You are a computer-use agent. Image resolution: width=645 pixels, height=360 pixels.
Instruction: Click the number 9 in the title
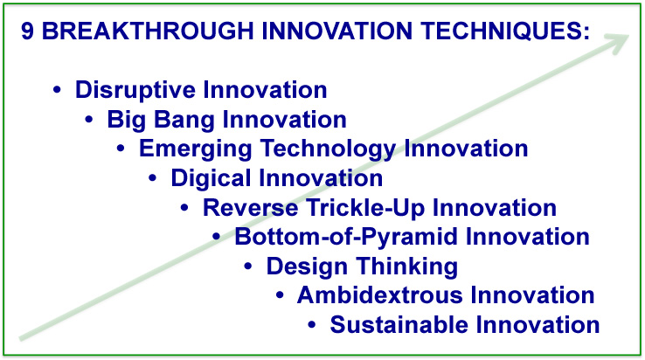click(x=27, y=31)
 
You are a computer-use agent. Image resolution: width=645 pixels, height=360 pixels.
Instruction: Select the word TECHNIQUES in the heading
click(x=505, y=31)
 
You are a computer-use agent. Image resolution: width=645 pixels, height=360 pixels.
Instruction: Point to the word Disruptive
click(x=135, y=91)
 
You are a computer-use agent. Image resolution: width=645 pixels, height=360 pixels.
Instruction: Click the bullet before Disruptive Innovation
click(x=57, y=90)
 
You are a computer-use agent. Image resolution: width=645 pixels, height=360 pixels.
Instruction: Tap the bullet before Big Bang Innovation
click(x=89, y=120)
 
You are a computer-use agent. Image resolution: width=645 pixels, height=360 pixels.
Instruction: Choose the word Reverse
click(x=251, y=207)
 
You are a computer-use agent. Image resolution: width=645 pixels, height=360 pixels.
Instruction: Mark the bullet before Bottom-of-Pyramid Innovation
click(x=217, y=237)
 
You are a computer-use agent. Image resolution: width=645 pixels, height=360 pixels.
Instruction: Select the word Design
click(x=307, y=267)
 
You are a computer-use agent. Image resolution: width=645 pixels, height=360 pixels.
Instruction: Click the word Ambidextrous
click(x=379, y=295)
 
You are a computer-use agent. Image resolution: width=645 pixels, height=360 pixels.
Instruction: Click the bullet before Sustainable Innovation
click(x=312, y=325)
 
